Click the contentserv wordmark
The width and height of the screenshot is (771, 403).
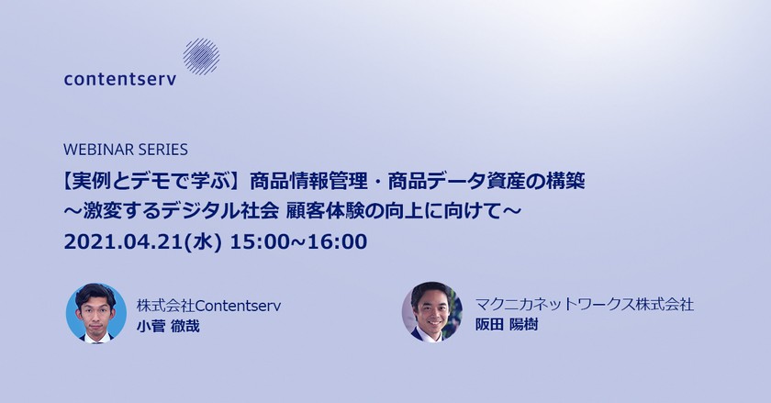(x=120, y=79)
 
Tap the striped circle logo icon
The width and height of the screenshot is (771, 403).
(x=201, y=56)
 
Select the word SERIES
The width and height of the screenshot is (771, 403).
(x=161, y=149)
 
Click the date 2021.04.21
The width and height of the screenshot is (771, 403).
(x=123, y=241)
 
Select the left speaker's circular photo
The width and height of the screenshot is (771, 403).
(x=95, y=312)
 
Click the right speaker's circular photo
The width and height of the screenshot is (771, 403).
(x=431, y=312)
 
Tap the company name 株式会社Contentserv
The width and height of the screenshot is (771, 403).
(x=208, y=305)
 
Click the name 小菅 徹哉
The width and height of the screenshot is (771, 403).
(x=168, y=325)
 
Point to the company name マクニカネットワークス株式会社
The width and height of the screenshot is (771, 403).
(x=585, y=303)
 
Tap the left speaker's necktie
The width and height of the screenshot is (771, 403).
(x=95, y=335)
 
